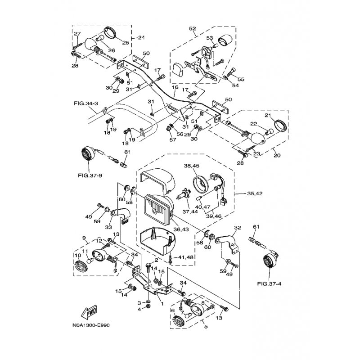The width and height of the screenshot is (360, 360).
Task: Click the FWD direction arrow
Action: click(90, 312)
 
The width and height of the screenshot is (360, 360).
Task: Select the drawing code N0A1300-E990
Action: click(91, 325)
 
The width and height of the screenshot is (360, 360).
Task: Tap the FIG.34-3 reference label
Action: click(86, 103)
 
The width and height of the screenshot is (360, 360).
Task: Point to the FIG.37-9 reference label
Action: click(90, 176)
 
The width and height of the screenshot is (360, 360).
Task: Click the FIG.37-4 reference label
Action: click(269, 284)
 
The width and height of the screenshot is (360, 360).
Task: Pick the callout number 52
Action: click(193, 28)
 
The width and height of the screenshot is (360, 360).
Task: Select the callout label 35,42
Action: click(255, 193)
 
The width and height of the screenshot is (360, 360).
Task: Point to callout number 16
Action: click(175, 87)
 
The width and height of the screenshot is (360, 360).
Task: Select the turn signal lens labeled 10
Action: click(81, 265)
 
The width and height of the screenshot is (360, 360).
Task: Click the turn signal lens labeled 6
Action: click(179, 321)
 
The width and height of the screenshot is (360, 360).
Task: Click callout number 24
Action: click(142, 37)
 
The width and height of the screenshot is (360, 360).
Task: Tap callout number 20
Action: click(277, 155)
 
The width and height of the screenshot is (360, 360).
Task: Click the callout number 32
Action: click(238, 228)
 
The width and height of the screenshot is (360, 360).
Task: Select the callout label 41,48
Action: click(186, 257)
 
